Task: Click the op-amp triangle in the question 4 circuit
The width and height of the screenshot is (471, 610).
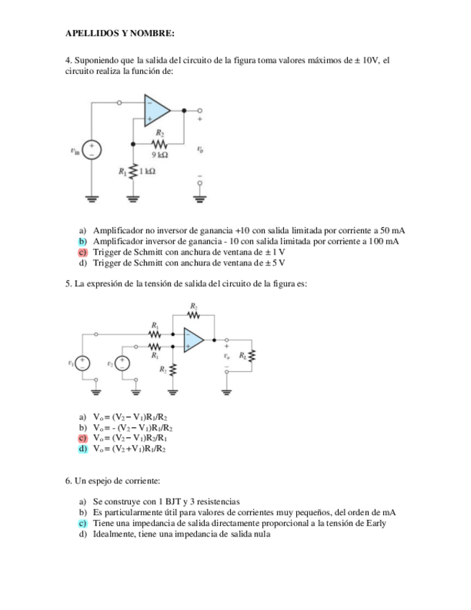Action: tap(156, 110)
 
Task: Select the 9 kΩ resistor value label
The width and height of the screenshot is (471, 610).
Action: tap(160, 155)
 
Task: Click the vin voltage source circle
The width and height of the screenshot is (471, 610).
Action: tap(93, 149)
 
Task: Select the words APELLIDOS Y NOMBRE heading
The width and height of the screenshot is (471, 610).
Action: tap(120, 33)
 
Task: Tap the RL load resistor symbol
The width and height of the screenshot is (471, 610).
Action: tap(252, 357)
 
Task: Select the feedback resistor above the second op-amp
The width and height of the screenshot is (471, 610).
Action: tap(193, 314)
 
